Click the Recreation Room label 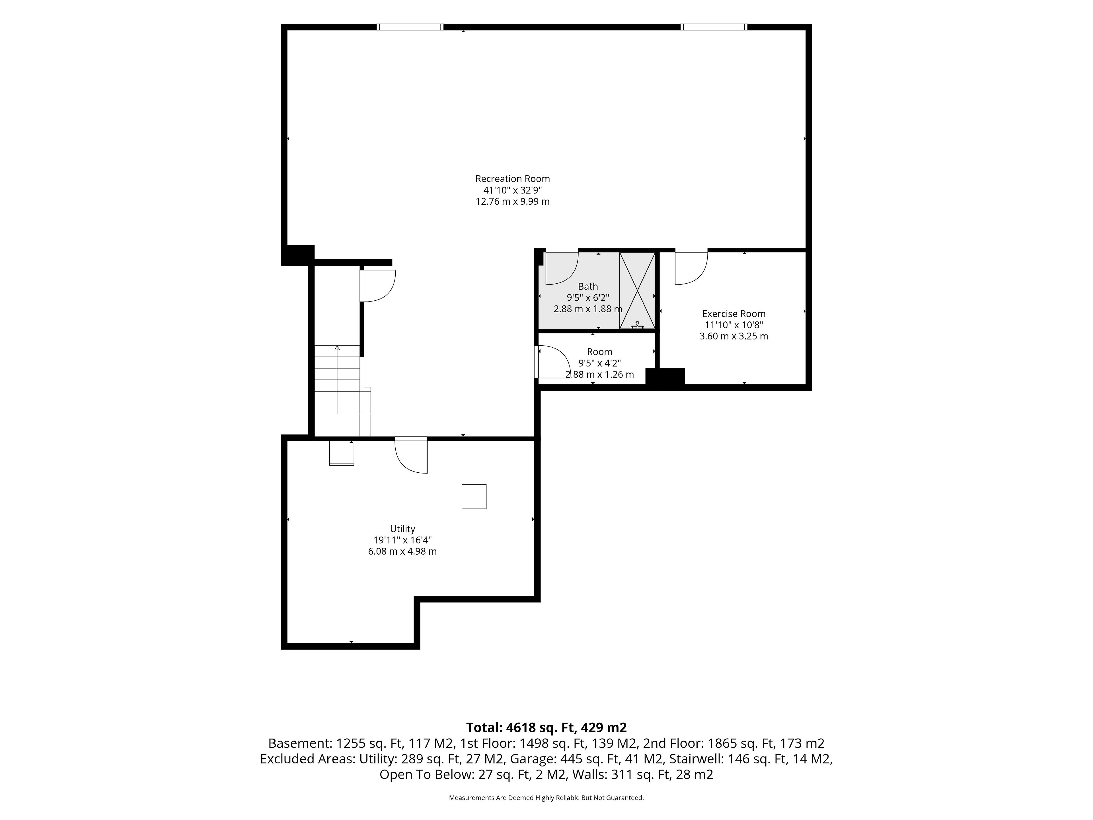512,179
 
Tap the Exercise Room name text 734,313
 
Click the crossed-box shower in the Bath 637,291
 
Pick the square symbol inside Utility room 474,496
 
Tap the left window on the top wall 410,27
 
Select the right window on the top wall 714,27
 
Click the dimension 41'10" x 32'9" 512,190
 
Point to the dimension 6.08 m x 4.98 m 402,551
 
